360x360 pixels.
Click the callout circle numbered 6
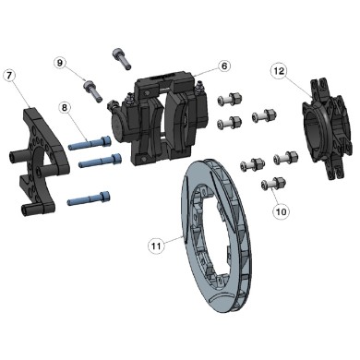tap(224, 66)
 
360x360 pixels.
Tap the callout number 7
tap(9, 74)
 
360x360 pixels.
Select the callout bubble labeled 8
tap(65, 108)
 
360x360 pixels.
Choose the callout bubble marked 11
tap(157, 245)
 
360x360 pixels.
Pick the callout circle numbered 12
tap(279, 69)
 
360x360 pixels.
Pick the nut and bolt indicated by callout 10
tap(270, 185)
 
